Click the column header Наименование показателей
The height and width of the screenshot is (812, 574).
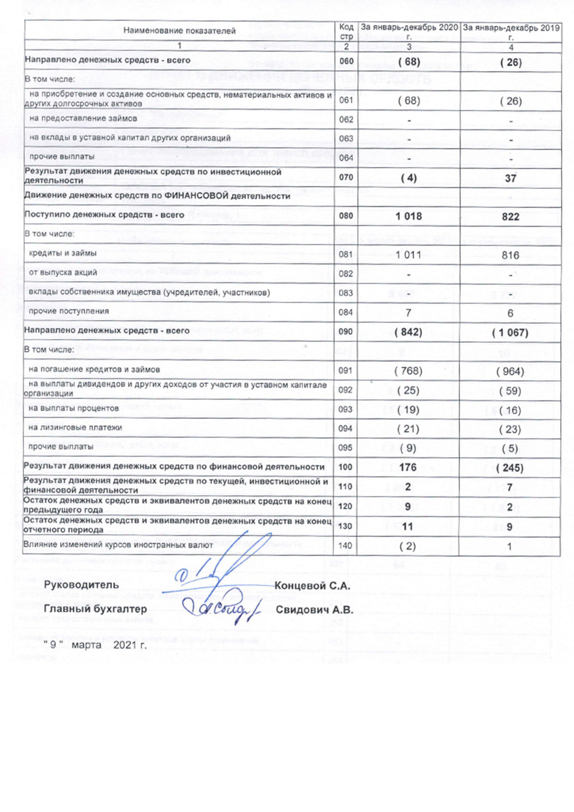179,31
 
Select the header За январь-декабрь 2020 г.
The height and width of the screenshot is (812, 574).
409,31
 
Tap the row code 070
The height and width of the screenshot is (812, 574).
346,178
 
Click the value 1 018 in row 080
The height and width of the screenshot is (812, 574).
409,217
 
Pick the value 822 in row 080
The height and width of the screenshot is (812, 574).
511,217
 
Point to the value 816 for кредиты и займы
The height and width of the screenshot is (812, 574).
511,255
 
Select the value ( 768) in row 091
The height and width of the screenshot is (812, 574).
408,371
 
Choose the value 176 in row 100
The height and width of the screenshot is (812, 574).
408,467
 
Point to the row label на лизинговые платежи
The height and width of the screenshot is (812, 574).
75,428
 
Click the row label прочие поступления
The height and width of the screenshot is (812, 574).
69,311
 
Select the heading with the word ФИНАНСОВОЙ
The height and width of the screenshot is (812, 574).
157,196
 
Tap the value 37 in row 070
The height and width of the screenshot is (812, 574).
511,178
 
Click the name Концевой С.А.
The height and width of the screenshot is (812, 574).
312,586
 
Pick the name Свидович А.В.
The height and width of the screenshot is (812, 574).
314,610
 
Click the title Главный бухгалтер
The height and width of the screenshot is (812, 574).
96,609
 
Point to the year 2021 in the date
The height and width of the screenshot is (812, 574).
124,645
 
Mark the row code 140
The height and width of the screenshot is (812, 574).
345,546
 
